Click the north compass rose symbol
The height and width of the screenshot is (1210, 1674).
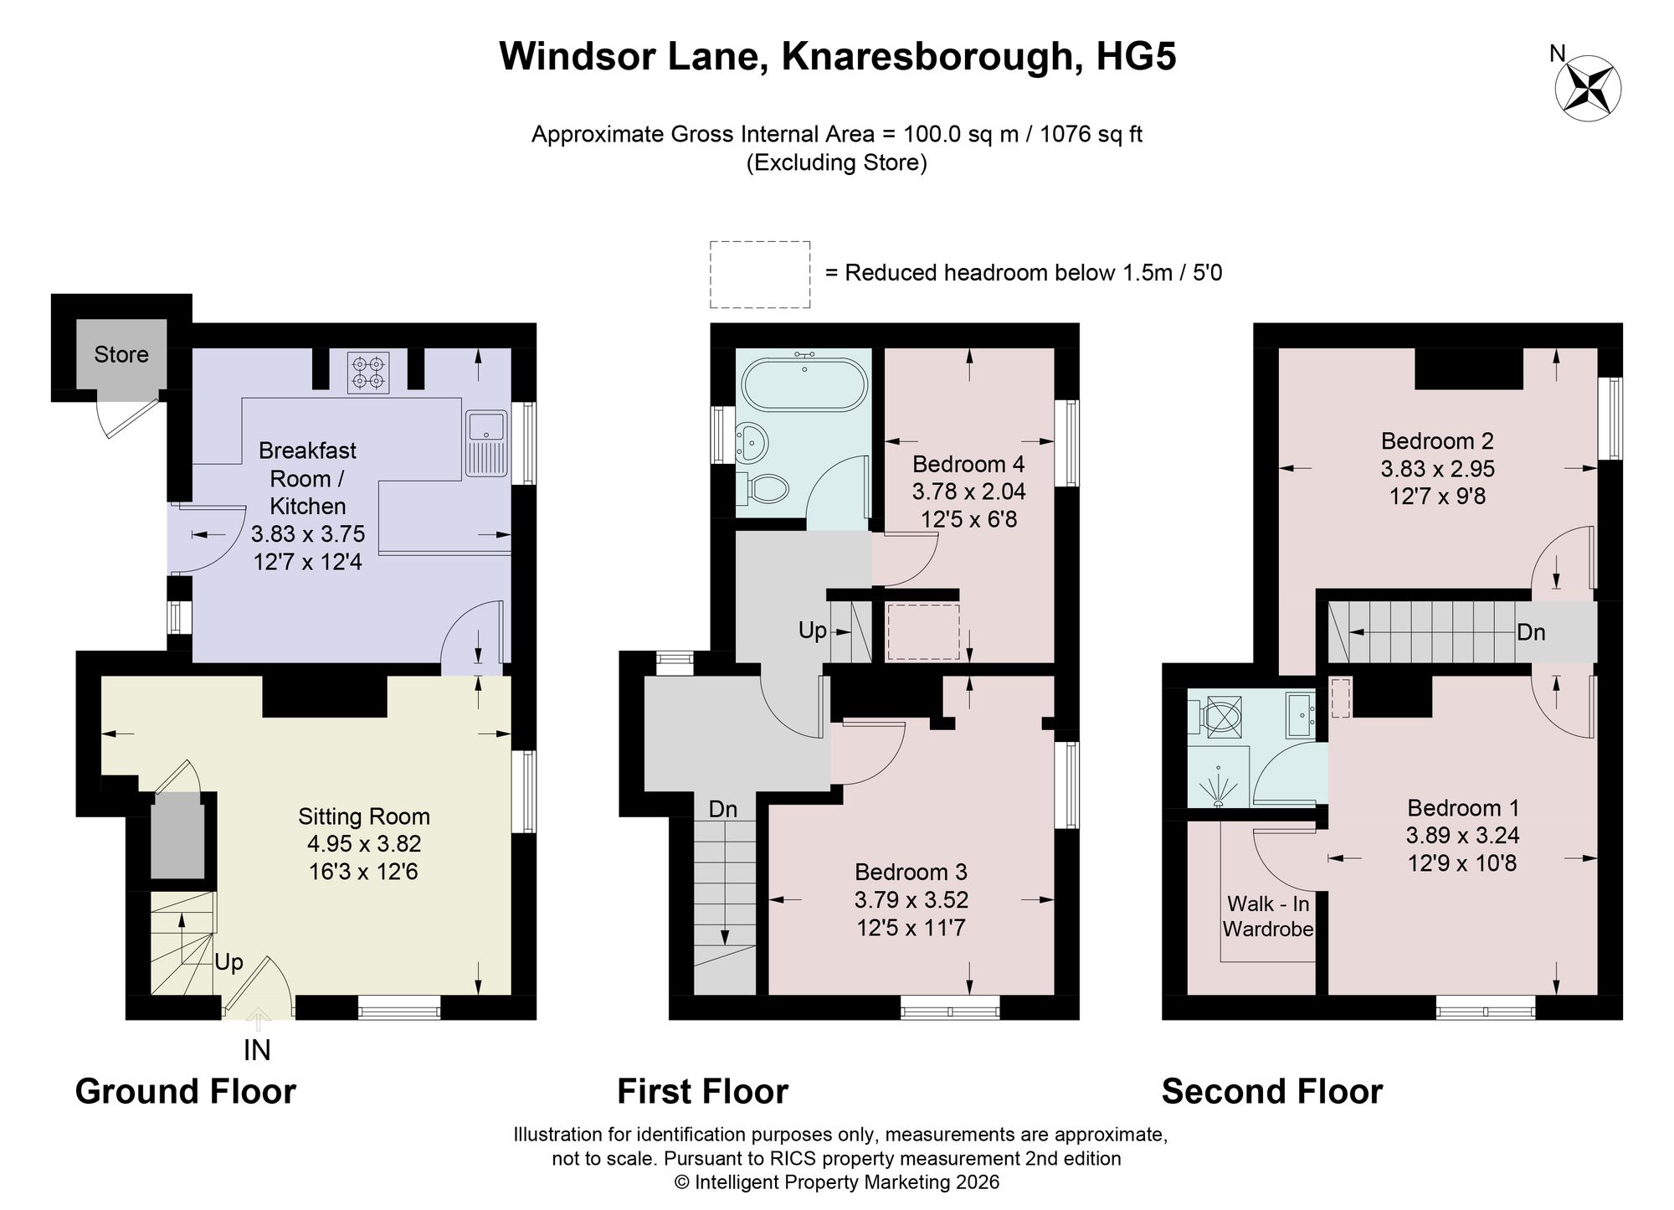click(x=1588, y=88)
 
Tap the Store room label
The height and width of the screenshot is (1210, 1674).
click(x=121, y=354)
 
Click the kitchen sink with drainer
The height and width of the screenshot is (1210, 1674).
click(x=485, y=444)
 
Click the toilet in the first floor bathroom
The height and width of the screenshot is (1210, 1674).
click(x=762, y=490)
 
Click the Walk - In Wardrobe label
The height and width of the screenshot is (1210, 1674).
click(x=1268, y=916)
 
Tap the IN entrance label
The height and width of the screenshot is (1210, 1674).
click(x=257, y=1050)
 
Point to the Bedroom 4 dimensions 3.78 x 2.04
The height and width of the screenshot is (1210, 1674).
click(x=968, y=492)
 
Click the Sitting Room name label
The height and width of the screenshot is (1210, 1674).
click(x=364, y=816)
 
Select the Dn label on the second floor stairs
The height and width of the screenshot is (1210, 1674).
click(x=1531, y=632)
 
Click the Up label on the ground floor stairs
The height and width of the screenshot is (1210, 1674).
click(x=229, y=962)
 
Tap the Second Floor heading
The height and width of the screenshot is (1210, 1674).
click(x=1272, y=1092)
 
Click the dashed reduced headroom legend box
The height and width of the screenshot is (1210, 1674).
click(x=760, y=275)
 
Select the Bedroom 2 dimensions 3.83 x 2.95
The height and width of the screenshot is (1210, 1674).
click(x=1438, y=469)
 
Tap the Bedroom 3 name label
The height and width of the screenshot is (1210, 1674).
click(x=911, y=873)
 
